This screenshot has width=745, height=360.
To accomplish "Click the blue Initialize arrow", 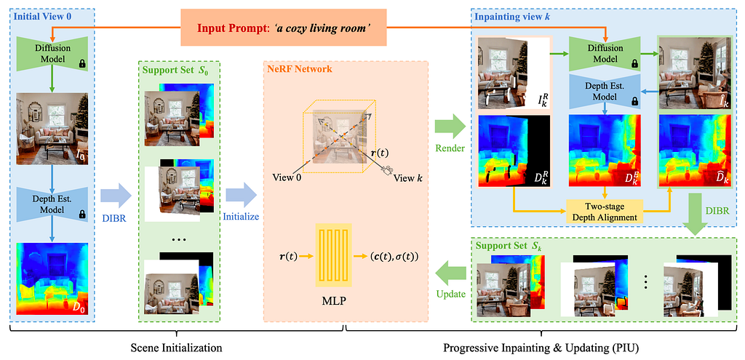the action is coord(241,195).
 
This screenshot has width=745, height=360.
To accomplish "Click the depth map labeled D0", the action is coord(52,279).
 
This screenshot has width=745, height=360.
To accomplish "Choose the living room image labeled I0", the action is coord(52,129).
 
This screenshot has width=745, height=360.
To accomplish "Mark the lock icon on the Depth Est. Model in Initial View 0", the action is coord(81,215).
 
